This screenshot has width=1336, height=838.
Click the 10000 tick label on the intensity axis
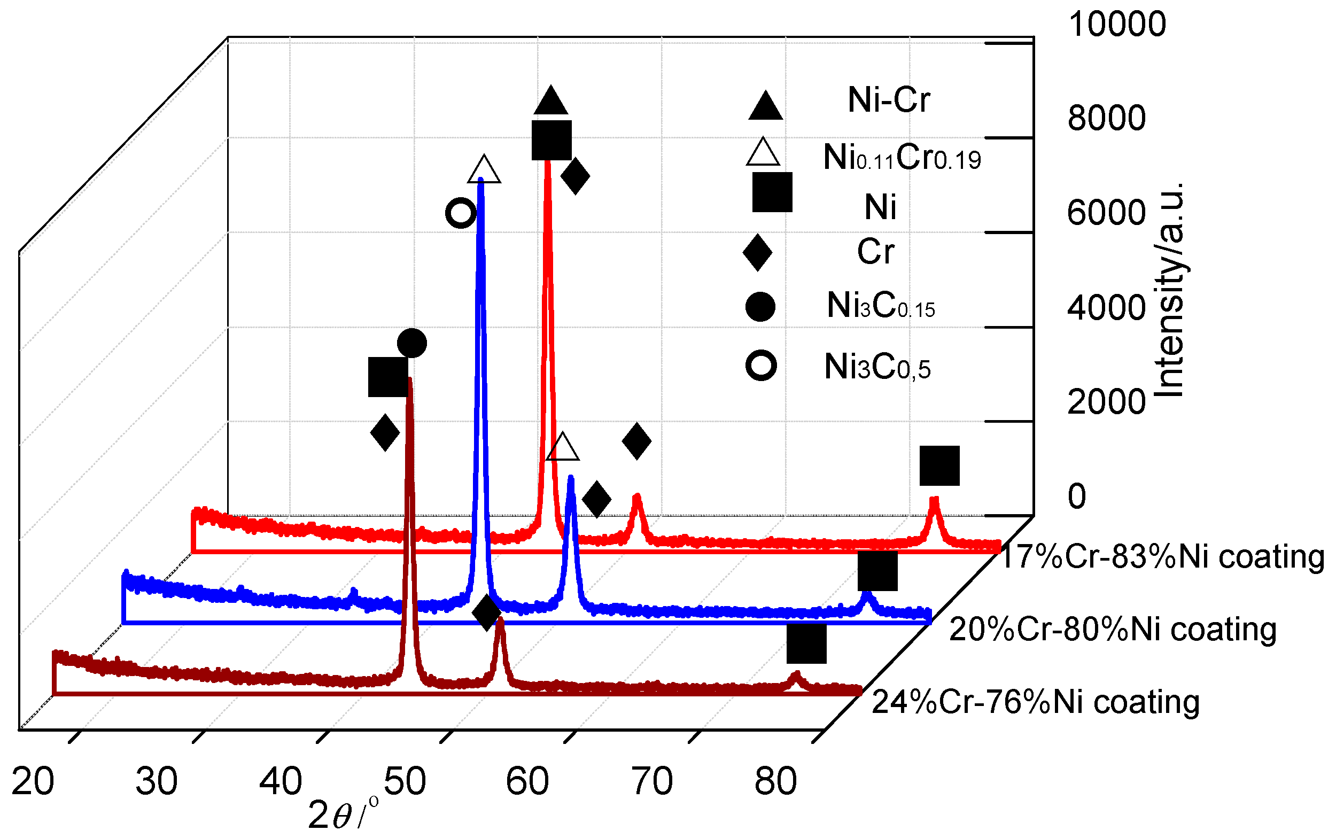coord(1116,25)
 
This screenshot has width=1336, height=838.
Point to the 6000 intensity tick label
coord(1106,213)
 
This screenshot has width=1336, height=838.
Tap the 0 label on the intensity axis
coord(1076,496)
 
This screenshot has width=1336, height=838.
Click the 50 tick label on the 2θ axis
coord(405,781)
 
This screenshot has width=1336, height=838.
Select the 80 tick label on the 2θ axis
coord(775,781)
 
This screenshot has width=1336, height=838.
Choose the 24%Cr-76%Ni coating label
coord(1035,702)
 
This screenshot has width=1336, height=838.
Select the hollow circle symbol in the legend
coord(761,366)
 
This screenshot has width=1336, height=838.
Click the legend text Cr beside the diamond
coord(875,252)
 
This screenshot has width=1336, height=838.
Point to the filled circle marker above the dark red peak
coord(411,343)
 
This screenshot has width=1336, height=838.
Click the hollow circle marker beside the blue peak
coord(461,213)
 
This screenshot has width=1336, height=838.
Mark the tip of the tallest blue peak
coord(480,180)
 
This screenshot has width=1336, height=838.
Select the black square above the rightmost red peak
coord(939,465)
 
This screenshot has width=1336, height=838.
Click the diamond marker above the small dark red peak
coord(486,613)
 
